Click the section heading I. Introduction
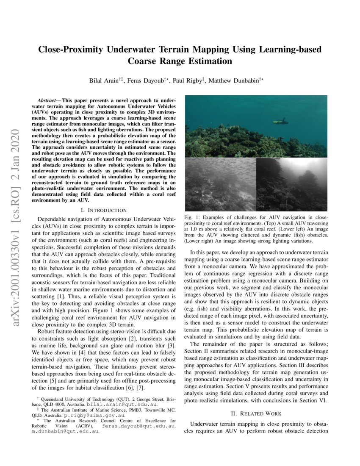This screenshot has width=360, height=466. [104, 210]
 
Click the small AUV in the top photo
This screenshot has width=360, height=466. [280, 121]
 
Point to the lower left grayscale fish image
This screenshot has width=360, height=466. [220, 185]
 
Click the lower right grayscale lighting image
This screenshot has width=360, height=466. [291, 185]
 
